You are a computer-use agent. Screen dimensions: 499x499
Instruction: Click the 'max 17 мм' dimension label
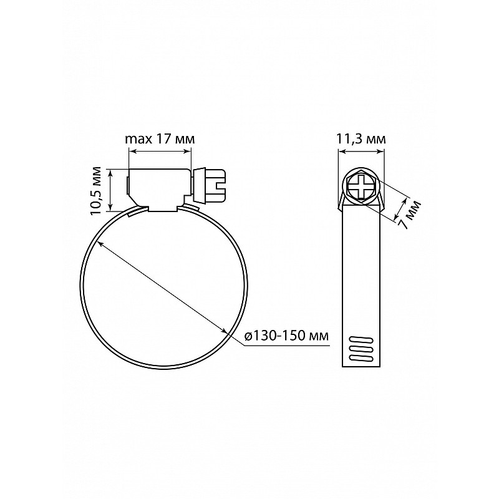[x=160, y=139]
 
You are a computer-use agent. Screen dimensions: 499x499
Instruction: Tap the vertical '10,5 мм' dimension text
[x=95, y=190]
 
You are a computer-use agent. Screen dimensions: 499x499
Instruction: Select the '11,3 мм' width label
[x=361, y=139]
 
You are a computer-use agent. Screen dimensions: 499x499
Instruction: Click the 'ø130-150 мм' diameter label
[x=286, y=336]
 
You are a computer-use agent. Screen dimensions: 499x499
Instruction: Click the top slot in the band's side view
[x=361, y=340]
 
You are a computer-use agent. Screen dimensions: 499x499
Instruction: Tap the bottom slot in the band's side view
[x=361, y=358]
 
